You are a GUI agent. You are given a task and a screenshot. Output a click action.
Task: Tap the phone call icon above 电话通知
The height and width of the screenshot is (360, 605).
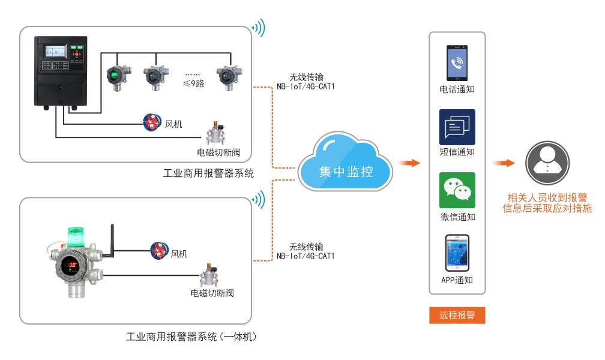[x=457, y=64]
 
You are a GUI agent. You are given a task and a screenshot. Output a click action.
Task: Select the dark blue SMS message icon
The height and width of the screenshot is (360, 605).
[x=457, y=127]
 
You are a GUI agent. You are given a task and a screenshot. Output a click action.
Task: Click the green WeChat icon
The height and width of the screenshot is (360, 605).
[x=457, y=190]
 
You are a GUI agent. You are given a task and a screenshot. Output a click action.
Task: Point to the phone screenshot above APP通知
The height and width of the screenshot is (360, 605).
[x=457, y=253]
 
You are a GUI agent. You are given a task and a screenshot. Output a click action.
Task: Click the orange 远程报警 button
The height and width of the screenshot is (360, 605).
[x=457, y=315]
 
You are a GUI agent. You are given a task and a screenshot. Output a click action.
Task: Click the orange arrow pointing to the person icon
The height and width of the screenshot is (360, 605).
[x=504, y=163]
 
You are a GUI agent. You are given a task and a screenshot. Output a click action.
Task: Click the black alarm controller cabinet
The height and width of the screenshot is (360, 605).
[x=61, y=73]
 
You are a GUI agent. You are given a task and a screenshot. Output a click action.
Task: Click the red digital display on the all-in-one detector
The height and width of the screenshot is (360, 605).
[x=72, y=265]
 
